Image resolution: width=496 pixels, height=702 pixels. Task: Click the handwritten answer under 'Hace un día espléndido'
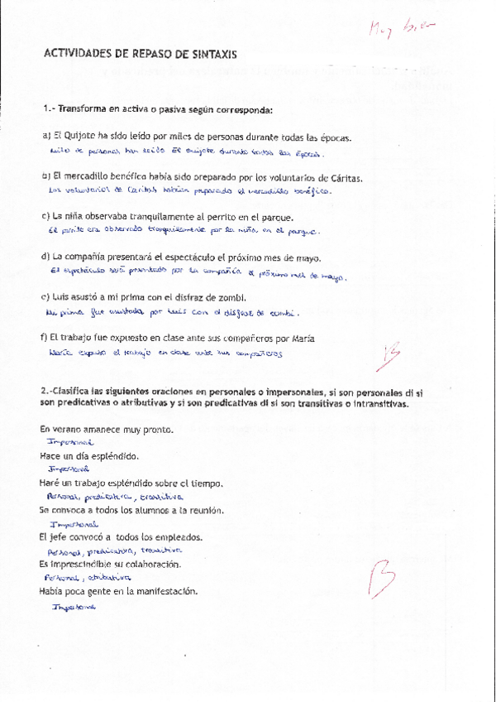[69, 469]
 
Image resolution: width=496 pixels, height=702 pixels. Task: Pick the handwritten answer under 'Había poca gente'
[74, 606]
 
